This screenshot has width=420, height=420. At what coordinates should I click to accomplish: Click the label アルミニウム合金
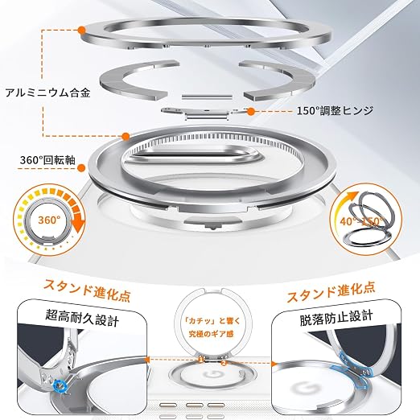48,93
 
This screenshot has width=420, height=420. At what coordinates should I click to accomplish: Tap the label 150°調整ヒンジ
335,110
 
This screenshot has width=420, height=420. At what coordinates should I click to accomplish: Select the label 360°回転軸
47,160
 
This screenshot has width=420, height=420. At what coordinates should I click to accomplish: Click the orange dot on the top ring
81,30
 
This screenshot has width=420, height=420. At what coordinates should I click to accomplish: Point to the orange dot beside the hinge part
251,112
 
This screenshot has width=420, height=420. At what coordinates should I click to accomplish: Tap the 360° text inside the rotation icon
49,220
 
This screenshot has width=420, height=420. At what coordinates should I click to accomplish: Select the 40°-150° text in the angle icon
362,221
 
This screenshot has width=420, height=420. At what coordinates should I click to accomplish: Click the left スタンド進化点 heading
88,290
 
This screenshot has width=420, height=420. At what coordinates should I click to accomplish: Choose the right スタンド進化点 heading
331,291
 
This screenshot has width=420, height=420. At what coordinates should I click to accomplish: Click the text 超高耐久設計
82,318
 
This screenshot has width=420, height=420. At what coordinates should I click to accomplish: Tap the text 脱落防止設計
336,318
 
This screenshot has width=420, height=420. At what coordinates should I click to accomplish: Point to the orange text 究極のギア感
212,334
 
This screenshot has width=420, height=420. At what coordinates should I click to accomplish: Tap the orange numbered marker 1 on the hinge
200,360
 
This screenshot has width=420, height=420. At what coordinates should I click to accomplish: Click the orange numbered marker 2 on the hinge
224,363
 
